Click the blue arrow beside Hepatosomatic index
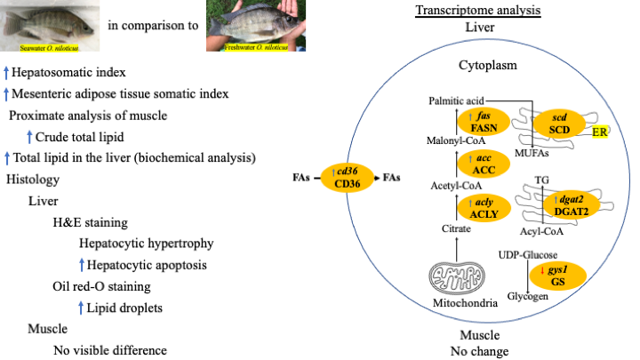point(6,71)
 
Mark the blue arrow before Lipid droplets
point(82,308)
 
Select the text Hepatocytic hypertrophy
point(144,244)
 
